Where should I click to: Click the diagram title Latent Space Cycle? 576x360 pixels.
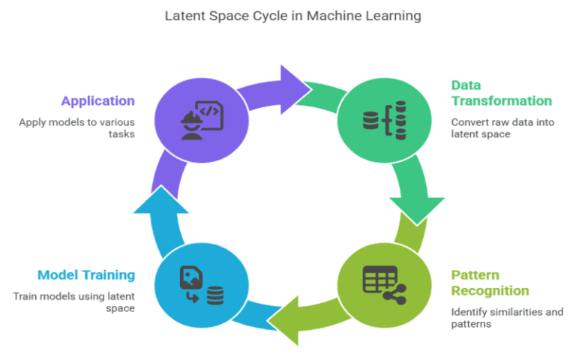point(288,16)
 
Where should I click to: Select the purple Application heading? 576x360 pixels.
point(98,100)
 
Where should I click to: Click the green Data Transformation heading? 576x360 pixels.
point(501,93)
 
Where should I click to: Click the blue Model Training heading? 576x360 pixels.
point(86,274)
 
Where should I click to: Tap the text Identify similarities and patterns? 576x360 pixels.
point(506,318)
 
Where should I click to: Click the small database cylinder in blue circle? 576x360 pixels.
point(215,295)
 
